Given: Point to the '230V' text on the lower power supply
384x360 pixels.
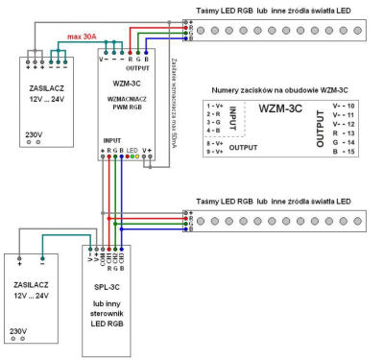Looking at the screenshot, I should pyautogui.click(x=19, y=330).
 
